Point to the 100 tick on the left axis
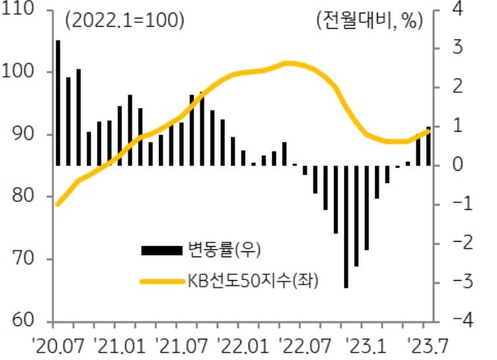[x=22, y=72]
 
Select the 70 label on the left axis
[x=22, y=259]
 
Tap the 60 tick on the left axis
[x=22, y=322]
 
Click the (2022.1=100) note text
[x=124, y=21]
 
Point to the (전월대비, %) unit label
[x=368, y=21]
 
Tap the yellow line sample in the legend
[x=161, y=282]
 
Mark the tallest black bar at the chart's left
[x=58, y=103]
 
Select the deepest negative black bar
[x=346, y=226]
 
